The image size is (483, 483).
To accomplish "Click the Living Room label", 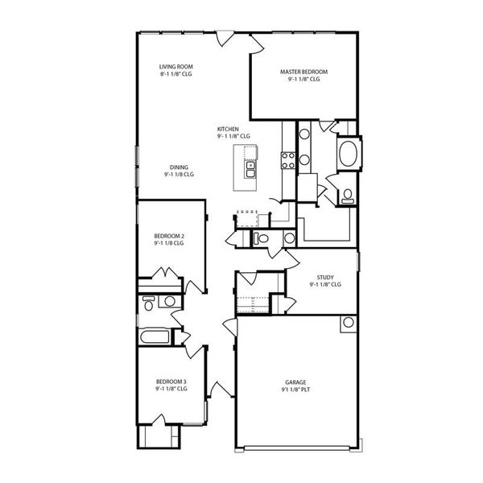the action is [x=176, y=67].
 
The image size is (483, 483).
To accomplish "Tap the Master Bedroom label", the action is [x=303, y=72].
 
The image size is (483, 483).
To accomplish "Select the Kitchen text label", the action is [x=228, y=129].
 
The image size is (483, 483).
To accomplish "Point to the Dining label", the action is [x=179, y=167].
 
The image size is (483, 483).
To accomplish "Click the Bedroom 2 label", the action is [x=169, y=236].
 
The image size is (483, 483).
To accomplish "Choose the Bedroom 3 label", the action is [x=171, y=382].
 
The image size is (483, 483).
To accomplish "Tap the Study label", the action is [x=325, y=277].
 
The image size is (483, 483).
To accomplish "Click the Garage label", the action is [x=295, y=382].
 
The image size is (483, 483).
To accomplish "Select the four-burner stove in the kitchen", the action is [x=288, y=160].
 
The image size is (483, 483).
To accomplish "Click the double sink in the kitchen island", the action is [x=250, y=169].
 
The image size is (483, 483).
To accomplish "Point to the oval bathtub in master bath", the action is [x=348, y=154].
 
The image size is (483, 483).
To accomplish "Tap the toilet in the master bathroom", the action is [x=348, y=196].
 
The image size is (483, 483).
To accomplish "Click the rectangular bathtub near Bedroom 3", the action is [x=155, y=336].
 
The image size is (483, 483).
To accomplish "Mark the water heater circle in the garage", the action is [x=349, y=323].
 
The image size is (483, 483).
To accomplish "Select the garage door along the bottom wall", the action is [x=296, y=448].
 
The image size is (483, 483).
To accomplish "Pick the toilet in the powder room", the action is [x=261, y=238].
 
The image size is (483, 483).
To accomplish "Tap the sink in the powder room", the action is [x=290, y=238].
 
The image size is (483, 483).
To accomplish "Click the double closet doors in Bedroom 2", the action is [x=165, y=273].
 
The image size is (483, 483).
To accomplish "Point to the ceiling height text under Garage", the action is [x=295, y=390].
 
